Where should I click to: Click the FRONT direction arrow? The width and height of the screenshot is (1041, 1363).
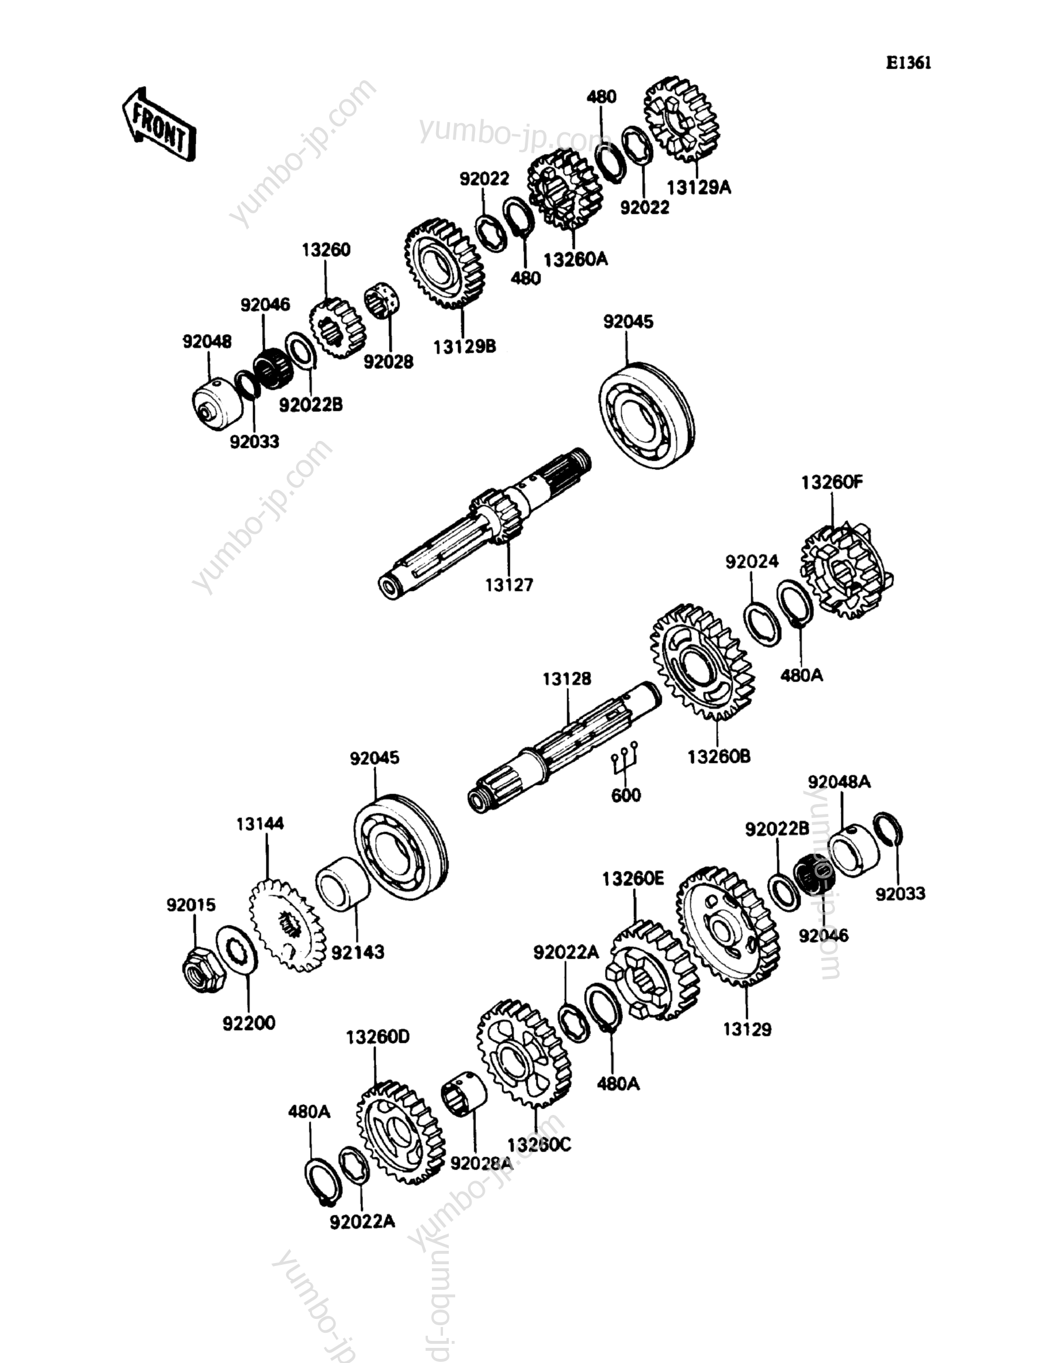[x=159, y=126]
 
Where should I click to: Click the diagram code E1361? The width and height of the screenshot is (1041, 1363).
[x=908, y=63]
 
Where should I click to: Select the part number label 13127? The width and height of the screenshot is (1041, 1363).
[x=509, y=584]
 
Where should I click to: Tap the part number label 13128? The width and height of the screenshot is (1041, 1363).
[x=567, y=679]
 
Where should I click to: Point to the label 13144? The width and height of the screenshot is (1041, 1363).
[x=260, y=824]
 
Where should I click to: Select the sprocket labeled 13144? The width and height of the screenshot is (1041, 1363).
[x=287, y=928]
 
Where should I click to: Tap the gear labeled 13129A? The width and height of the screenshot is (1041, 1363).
[x=683, y=119]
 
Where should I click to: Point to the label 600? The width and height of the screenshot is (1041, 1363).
[x=626, y=795]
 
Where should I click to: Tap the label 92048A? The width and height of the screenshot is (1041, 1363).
[x=839, y=783]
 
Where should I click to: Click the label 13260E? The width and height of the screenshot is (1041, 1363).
[x=633, y=878]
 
